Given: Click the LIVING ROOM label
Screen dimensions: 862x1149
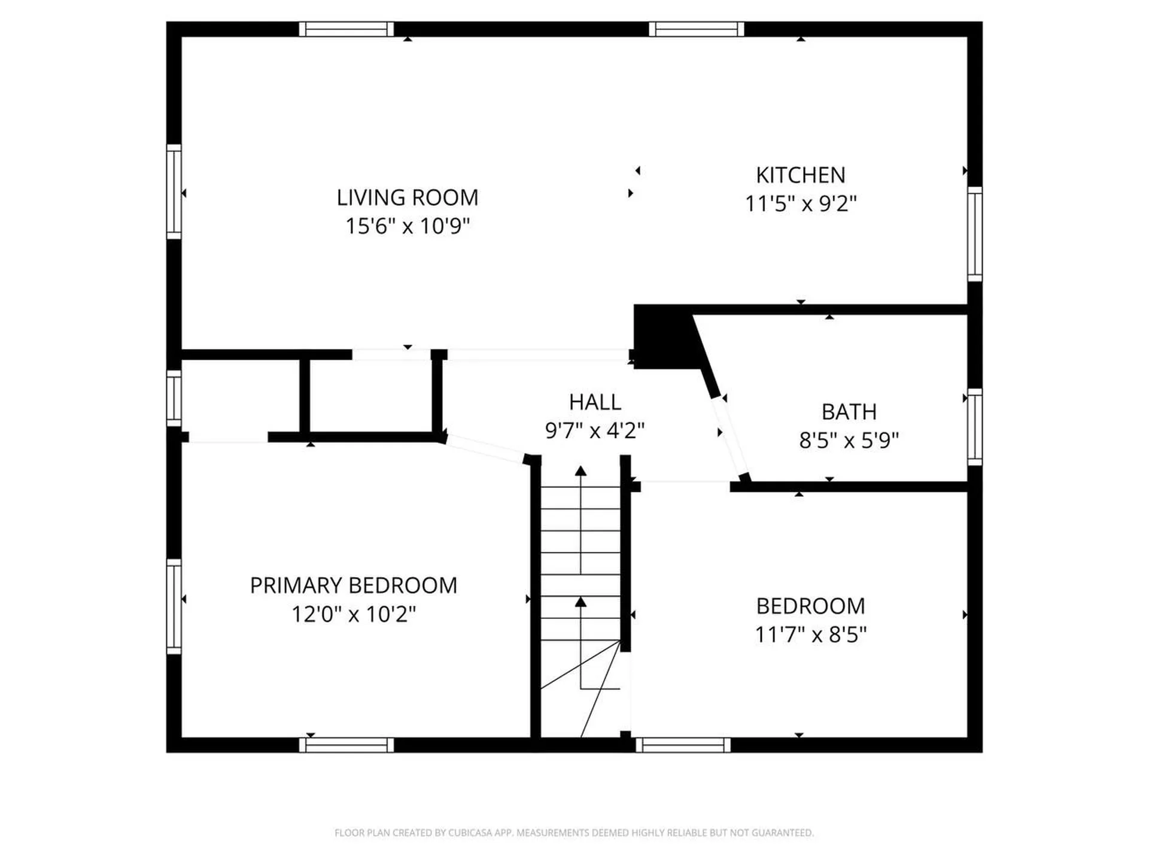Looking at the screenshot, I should point(407,198).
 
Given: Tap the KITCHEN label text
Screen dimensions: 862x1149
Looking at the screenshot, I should point(801,175).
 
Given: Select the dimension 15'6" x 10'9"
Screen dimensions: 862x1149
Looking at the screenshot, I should point(407,226).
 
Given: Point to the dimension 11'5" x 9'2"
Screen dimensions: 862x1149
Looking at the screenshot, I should point(801,204).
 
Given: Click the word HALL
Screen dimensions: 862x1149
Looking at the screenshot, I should point(595,402).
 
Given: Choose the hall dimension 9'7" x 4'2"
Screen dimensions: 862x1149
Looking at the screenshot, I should point(595,430).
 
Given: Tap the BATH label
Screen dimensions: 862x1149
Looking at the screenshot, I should point(849,412).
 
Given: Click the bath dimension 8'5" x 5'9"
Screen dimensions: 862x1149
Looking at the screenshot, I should point(849,441).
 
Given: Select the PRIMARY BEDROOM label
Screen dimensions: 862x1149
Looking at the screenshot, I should point(353,585).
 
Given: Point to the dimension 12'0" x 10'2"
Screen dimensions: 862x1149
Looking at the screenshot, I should point(353,614).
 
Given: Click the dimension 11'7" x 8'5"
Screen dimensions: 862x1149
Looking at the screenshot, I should point(810,635).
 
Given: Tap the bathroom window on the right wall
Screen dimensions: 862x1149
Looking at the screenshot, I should point(975,427).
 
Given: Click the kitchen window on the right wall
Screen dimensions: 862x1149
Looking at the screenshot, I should point(975,233).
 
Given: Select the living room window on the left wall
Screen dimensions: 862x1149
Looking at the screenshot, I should point(174,192).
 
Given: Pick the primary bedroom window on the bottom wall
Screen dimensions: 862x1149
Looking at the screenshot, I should point(346,745).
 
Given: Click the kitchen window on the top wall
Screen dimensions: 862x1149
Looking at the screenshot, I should point(697,29).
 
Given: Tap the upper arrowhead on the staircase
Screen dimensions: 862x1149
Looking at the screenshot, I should point(580,471).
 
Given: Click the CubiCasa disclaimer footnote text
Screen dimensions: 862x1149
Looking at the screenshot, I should point(574,833).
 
